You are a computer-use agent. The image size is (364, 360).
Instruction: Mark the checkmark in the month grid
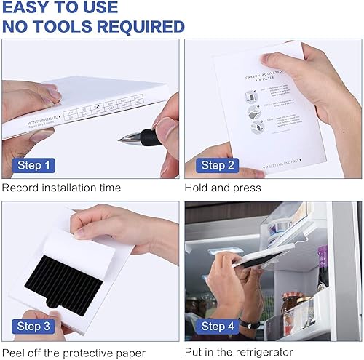(x=98, y=108)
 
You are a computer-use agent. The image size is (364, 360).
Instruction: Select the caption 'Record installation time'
(x=61, y=188)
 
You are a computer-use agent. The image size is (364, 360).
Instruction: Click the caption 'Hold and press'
(x=223, y=188)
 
